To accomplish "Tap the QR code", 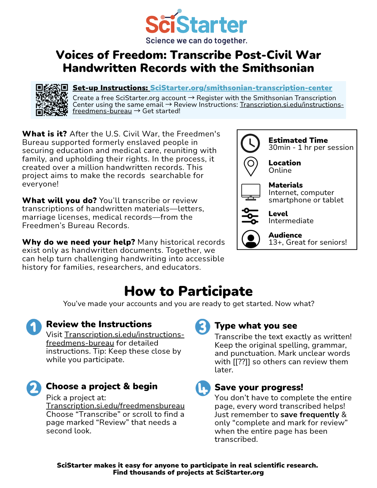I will point(51,100).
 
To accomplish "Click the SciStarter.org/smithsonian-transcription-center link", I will point(241,88).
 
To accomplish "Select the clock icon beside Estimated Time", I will point(250,143).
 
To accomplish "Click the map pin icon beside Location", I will point(251,166).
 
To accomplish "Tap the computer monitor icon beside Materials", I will point(251,192).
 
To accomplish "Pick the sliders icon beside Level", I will point(250,216).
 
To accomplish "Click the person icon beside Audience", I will point(251,239).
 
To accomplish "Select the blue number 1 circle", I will point(34,327).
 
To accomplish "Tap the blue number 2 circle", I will point(34,388).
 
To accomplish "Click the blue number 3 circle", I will point(203,327).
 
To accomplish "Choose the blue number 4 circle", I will point(203,388).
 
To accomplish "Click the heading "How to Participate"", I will point(188,291).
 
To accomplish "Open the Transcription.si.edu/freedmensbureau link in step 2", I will point(115,406).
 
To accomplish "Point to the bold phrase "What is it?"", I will point(44,134).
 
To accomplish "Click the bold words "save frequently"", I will point(310,415).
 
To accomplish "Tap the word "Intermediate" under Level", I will point(291,221).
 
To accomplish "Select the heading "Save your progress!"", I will point(259,388).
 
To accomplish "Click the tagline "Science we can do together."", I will point(196,41).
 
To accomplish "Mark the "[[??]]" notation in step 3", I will point(241,362).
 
